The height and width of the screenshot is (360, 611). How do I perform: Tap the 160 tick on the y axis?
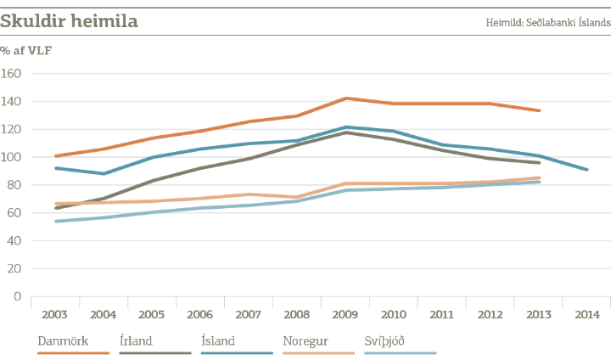[12, 74]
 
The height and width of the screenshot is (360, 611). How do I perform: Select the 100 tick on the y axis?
[12, 158]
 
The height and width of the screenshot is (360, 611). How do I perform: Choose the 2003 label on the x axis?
[54, 315]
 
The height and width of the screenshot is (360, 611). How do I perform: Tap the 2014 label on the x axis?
[587, 315]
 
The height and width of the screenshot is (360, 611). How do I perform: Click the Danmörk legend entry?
[58, 340]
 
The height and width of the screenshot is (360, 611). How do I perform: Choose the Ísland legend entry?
[219, 340]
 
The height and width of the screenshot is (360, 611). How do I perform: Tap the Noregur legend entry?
[301, 340]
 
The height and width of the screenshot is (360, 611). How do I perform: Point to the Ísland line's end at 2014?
[587, 170]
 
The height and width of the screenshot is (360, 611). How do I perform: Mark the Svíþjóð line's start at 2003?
[55, 222]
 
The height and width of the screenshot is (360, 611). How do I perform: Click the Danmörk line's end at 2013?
[540, 110]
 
